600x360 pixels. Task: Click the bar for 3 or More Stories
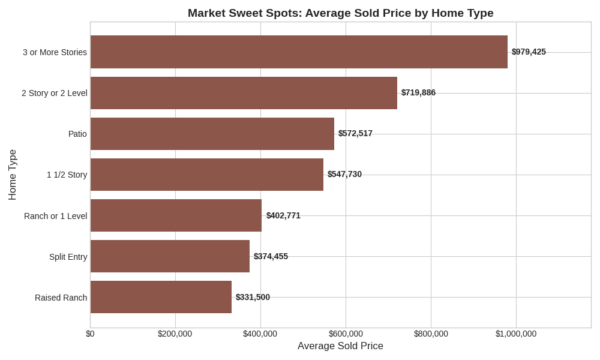click(x=299, y=52)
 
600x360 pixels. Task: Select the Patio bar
click(x=212, y=134)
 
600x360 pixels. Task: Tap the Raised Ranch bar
click(x=161, y=297)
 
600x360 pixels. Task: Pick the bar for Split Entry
click(x=170, y=256)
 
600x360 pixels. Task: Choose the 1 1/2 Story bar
click(x=206, y=175)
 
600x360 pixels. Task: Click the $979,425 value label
click(x=529, y=52)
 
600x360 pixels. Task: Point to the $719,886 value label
click(x=418, y=92)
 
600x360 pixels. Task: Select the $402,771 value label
click(x=283, y=215)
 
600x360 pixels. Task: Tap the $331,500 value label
click(x=253, y=297)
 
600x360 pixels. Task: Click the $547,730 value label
click(x=344, y=174)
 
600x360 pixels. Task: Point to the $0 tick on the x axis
click(x=90, y=334)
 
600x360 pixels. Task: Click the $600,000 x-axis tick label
click(x=346, y=334)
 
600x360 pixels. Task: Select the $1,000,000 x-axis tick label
click(x=516, y=334)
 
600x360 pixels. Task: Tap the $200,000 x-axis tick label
click(x=175, y=334)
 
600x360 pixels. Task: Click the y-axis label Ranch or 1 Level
click(x=55, y=216)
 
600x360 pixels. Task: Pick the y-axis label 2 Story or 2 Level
click(x=54, y=93)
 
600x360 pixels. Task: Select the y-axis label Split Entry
click(x=68, y=257)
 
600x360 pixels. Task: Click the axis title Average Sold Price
click(x=340, y=346)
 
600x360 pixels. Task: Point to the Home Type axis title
click(x=13, y=175)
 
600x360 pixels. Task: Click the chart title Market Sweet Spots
click(x=340, y=13)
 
